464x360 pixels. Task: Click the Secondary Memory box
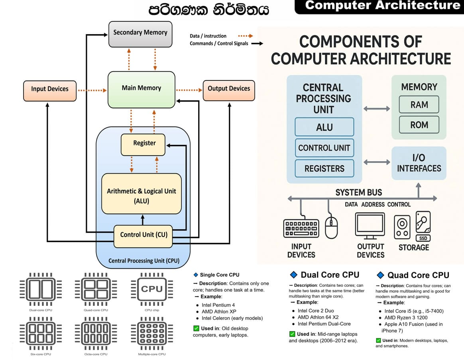(140, 33)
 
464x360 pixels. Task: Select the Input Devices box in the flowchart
(50, 89)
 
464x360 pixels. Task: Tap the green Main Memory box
(141, 88)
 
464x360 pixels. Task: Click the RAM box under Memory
(419, 105)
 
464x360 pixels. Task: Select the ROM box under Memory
(419, 125)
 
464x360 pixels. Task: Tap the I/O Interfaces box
(419, 163)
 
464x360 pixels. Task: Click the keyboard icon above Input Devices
(301, 229)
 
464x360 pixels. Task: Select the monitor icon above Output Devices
(370, 226)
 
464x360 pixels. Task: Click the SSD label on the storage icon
(423, 238)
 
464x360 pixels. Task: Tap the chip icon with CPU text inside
(152, 289)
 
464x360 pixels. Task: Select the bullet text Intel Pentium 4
(219, 305)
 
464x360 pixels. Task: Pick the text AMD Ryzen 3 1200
(406, 318)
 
